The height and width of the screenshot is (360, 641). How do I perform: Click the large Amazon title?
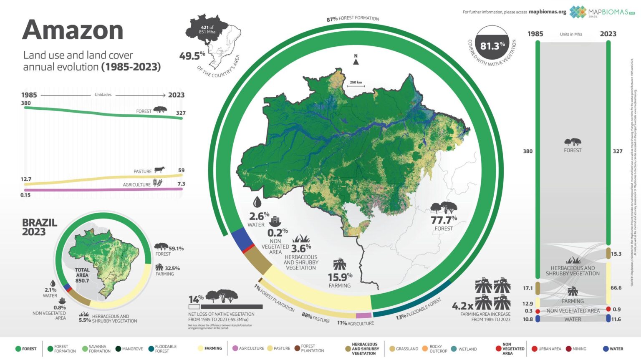[73, 30]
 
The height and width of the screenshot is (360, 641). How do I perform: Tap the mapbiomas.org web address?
[547, 12]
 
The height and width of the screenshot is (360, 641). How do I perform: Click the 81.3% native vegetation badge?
[492, 46]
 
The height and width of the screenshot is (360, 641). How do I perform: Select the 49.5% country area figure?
[192, 56]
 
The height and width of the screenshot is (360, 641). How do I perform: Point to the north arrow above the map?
[356, 60]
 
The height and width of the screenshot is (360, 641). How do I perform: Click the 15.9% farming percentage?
[340, 277]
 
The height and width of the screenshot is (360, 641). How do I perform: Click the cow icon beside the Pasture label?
[159, 170]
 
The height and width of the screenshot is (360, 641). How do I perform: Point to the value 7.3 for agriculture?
[181, 184]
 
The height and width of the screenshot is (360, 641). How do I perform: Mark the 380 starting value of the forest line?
[26, 103]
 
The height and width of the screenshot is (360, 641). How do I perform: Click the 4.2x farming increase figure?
[462, 306]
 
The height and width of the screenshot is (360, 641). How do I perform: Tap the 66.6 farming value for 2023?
[616, 288]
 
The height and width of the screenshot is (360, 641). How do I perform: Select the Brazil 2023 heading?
[39, 227]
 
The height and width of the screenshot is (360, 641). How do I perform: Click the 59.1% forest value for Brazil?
[176, 249]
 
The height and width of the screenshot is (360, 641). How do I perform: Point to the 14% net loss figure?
[196, 299]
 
